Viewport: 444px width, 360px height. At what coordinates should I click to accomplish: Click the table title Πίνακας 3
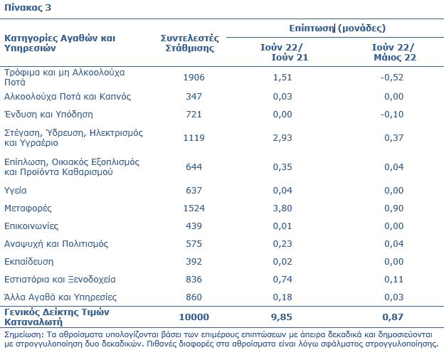pyautogui.click(x=28, y=7)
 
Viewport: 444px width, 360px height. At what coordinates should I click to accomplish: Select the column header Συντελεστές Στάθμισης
pyautogui.click(x=190, y=43)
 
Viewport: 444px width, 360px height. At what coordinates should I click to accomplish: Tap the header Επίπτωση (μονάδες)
pyautogui.click(x=337, y=28)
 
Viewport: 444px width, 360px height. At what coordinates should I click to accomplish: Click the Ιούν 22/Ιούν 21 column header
pyautogui.click(x=284, y=53)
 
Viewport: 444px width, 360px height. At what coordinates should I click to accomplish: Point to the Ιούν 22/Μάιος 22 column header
pyautogui.click(x=394, y=53)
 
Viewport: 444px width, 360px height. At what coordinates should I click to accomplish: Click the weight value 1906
pyautogui.click(x=194, y=78)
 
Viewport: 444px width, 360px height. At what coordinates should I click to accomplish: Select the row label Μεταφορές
pyautogui.click(x=28, y=208)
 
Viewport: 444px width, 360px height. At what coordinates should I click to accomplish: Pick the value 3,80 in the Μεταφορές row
pyautogui.click(x=282, y=208)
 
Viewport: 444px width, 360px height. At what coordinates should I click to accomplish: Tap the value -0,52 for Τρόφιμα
pyautogui.click(x=392, y=78)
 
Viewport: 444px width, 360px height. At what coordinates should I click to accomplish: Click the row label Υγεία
pyautogui.click(x=15, y=191)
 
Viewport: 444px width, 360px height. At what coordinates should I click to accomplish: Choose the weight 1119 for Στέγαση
pyautogui.click(x=194, y=137)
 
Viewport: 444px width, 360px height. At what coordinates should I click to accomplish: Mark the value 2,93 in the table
pyautogui.click(x=282, y=137)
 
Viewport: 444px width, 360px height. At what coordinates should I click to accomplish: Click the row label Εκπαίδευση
pyautogui.click(x=28, y=261)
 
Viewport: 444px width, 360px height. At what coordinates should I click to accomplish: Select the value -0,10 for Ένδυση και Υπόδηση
pyautogui.click(x=392, y=115)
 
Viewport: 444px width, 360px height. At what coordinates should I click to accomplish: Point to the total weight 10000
pyautogui.click(x=194, y=317)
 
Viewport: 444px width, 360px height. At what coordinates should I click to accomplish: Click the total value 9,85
pyautogui.click(x=282, y=317)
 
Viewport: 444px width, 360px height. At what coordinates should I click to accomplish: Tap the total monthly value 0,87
pyautogui.click(x=393, y=317)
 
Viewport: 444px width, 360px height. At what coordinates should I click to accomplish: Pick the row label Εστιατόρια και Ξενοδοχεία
pyautogui.click(x=60, y=280)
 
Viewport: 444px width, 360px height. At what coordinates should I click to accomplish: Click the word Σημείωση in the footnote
pyautogui.click(x=23, y=335)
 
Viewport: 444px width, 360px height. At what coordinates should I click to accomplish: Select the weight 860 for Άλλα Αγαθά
pyautogui.click(x=194, y=297)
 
